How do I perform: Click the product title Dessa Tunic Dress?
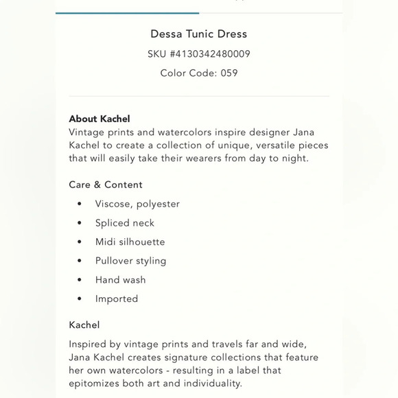tap(198, 34)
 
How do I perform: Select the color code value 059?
tap(229, 73)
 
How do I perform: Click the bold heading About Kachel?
tap(99, 119)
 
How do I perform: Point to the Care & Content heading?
tap(106, 185)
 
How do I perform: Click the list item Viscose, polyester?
tap(137, 204)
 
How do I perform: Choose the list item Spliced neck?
tap(125, 223)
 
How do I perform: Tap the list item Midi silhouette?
tap(130, 242)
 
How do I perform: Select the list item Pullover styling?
tap(130, 261)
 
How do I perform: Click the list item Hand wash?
tap(120, 280)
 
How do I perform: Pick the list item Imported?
tap(117, 298)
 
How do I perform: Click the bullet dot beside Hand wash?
tap(80, 280)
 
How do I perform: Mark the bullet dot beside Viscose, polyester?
tap(80, 204)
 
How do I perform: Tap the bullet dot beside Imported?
tap(80, 299)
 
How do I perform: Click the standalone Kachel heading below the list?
tap(84, 325)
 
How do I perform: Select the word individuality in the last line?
tap(211, 383)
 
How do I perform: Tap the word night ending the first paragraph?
tap(294, 158)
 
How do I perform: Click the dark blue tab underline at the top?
tap(128, 12)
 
